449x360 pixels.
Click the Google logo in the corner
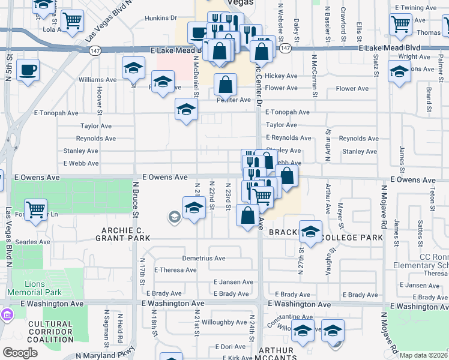(x=20, y=353)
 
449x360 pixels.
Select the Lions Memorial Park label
(x=43, y=288)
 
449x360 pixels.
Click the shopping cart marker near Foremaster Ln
(x=36, y=209)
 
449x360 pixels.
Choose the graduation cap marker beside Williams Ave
(x=133, y=69)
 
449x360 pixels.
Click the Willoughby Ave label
(x=220, y=322)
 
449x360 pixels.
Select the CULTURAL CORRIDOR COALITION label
(x=50, y=332)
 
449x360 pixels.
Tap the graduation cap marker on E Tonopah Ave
(x=186, y=110)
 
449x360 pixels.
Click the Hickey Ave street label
(x=281, y=76)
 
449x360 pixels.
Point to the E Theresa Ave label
(x=175, y=270)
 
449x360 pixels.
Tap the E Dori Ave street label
(x=234, y=347)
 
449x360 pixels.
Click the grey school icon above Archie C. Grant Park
(x=175, y=217)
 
